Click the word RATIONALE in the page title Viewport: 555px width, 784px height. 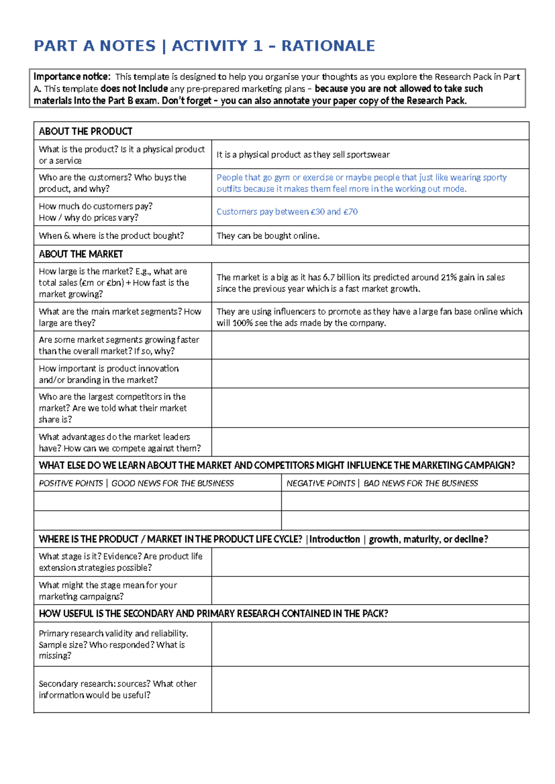point(328,46)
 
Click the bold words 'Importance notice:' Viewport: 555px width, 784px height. point(72,77)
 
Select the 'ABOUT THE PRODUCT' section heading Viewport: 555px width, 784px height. point(86,131)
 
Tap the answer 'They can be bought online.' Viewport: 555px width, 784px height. point(268,236)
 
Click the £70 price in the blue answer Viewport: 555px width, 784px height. point(350,212)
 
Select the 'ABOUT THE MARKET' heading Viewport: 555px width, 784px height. point(81,254)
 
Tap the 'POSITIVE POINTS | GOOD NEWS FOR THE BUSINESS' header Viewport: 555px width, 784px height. point(136,484)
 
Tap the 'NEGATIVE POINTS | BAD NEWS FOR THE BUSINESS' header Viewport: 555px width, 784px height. point(382,484)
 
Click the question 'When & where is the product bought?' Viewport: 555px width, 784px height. point(111,236)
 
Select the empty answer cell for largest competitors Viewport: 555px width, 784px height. point(370,408)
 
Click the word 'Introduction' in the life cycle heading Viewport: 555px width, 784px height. point(334,539)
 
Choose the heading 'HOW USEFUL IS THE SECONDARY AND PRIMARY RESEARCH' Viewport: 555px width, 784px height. point(213,614)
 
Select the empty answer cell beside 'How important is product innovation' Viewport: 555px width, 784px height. point(370,374)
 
